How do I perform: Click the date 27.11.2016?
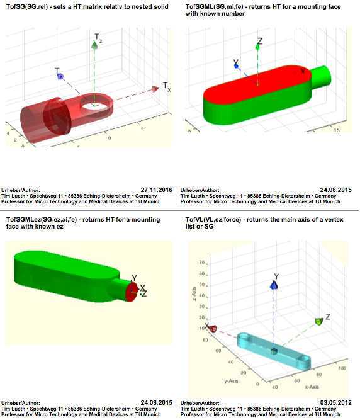pyautogui.click(x=156, y=190)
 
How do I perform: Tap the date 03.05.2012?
pyautogui.click(x=335, y=402)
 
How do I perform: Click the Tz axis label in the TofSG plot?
pyautogui.click(x=98, y=38)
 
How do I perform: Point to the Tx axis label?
pyautogui.click(x=167, y=87)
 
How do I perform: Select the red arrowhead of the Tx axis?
pyautogui.click(x=155, y=89)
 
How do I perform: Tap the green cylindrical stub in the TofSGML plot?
pyautogui.click(x=321, y=78)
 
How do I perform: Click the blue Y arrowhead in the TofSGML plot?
pyautogui.click(x=236, y=66)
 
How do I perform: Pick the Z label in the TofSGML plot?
pyautogui.click(x=260, y=41)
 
